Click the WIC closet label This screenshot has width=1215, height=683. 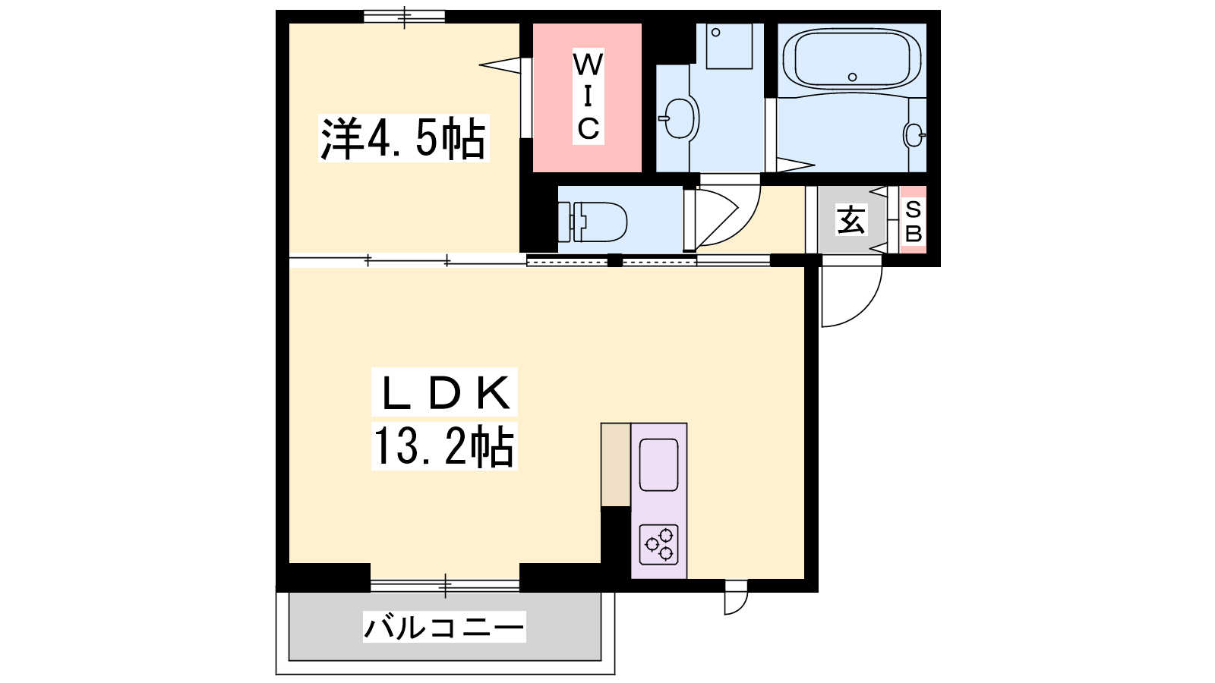click(588, 96)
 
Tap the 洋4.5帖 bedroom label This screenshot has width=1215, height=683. click(403, 138)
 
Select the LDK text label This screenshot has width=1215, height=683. click(444, 392)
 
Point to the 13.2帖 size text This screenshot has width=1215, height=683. click(444, 446)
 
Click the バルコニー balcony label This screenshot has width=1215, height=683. click(444, 627)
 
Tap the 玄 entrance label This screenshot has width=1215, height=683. click(851, 219)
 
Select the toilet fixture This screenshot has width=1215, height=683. click(592, 222)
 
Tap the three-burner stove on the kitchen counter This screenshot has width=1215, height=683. click(659, 545)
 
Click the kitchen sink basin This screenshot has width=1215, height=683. click(659, 464)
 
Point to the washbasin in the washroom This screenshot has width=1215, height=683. click(679, 118)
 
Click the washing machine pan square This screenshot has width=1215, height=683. click(730, 46)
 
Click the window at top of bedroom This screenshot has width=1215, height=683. click(404, 17)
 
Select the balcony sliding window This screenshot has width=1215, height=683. click(445, 585)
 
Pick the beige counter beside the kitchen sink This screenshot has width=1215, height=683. click(616, 464)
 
